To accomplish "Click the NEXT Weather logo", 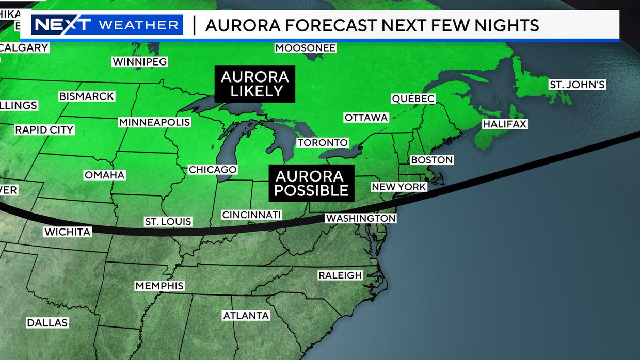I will click(x=107, y=25).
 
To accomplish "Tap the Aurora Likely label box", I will click(x=255, y=84).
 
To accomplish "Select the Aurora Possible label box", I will click(x=311, y=183).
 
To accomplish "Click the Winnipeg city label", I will click(x=140, y=62).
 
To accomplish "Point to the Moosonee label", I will click(x=306, y=48).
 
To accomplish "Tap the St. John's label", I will click(x=577, y=84).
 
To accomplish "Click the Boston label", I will click(x=431, y=160).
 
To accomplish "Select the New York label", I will click(x=399, y=187).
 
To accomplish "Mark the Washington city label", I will click(x=361, y=218).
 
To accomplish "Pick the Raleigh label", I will click(x=340, y=275).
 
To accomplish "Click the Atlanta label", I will click(x=246, y=316).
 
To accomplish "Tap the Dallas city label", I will click(x=47, y=323).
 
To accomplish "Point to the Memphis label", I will click(x=159, y=286).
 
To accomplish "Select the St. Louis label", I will click(x=168, y=222).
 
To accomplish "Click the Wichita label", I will click(x=68, y=232).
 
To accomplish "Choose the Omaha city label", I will click(x=105, y=175).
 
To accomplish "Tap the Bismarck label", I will click(x=87, y=96).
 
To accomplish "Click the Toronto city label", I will click(x=323, y=142).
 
